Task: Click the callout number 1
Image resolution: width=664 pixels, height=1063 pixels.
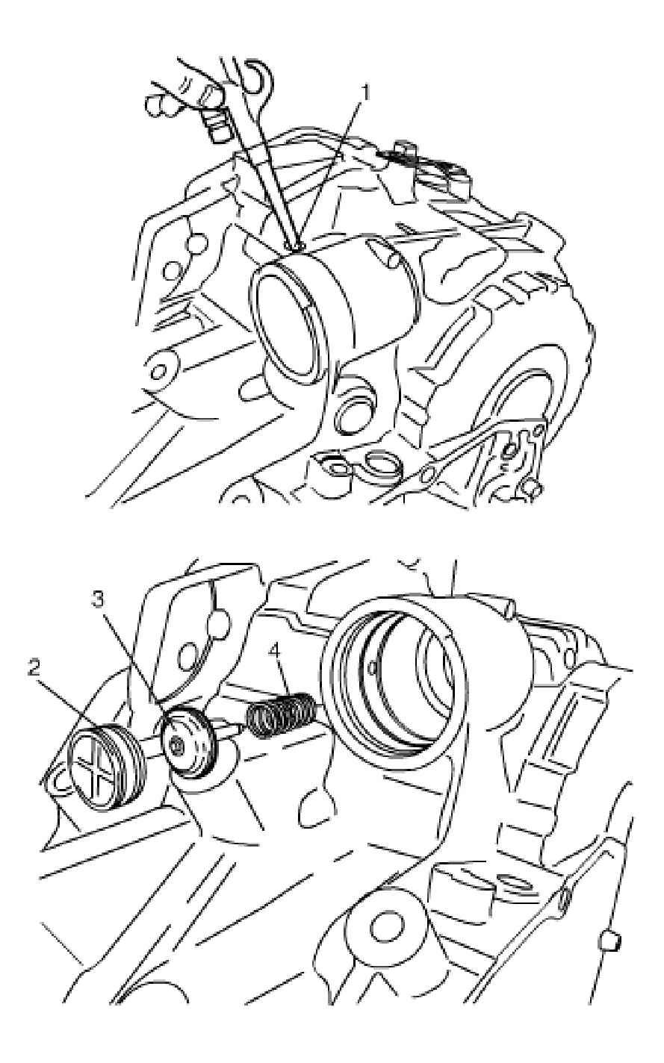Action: click(364, 93)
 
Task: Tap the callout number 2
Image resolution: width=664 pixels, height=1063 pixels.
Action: click(34, 670)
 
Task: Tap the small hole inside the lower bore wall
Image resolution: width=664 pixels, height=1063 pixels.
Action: click(372, 670)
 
